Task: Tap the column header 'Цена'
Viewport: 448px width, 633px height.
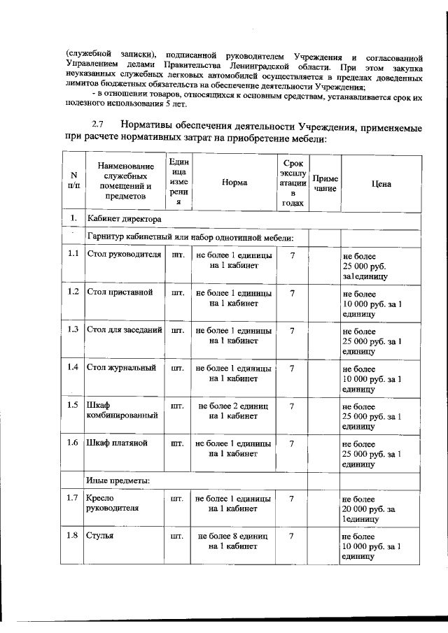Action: pos(381,183)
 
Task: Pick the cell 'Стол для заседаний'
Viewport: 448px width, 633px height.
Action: pos(125,329)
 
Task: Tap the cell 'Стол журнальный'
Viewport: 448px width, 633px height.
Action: pos(121,367)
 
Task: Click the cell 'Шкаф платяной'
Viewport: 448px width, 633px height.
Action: pos(116,443)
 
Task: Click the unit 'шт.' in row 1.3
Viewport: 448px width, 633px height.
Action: pos(178,329)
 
